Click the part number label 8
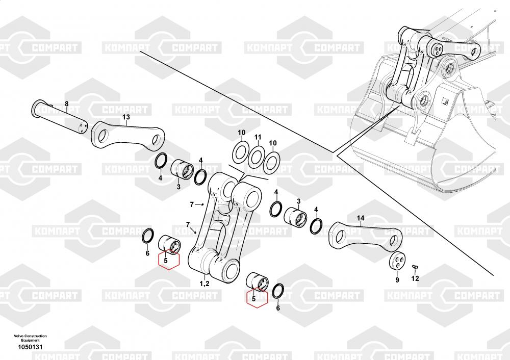coord(67,104)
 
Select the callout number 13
coord(126,117)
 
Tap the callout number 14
coord(361,218)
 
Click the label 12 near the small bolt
coord(415,278)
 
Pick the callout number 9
coord(397,279)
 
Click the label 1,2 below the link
coord(205,284)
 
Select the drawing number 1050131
coord(30,347)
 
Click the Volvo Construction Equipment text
coord(30,338)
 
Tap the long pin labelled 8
coord(60,116)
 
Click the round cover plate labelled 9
coord(397,261)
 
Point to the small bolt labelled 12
coord(414,267)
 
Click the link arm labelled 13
coord(128,136)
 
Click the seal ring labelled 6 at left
coord(148,235)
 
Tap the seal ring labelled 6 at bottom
coord(277,291)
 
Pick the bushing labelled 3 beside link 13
coord(182,170)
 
